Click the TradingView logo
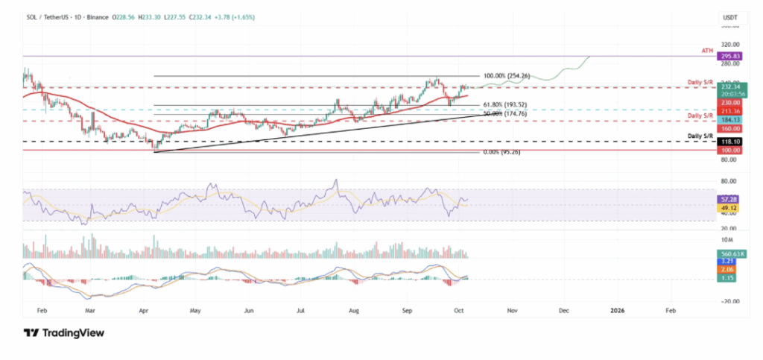[63, 333]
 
